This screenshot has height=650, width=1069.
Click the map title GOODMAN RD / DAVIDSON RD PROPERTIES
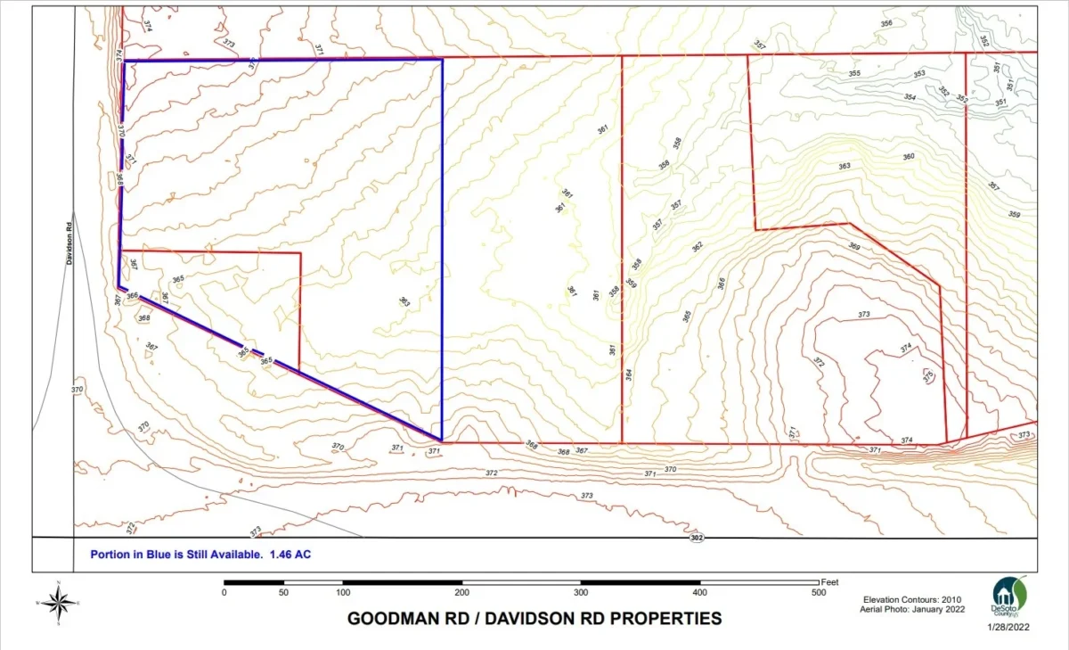tap(534, 618)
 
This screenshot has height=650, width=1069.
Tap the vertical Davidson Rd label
tap(68, 243)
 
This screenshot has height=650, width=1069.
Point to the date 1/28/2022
tap(1009, 627)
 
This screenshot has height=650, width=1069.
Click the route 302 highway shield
tap(697, 539)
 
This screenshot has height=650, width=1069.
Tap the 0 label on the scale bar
tap(224, 592)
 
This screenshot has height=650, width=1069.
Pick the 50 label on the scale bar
tap(283, 592)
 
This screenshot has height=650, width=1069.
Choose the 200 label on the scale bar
tap(461, 592)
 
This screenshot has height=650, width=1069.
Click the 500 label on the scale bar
tap(818, 592)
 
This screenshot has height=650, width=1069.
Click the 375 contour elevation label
tap(927, 375)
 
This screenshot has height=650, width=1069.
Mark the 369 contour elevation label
tap(854, 246)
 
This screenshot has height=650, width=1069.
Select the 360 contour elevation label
tap(909, 157)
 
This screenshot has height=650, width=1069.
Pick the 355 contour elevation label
tap(854, 73)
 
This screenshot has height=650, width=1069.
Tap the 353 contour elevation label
tap(919, 74)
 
